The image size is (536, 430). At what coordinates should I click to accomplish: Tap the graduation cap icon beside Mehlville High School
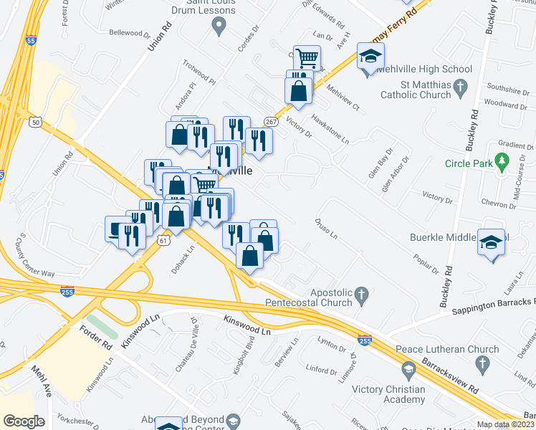pyautogui.click(x=370, y=57)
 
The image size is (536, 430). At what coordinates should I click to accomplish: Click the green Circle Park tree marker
pyautogui.click(x=502, y=163)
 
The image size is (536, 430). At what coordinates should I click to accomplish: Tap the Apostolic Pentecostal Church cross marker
pyautogui.click(x=363, y=293)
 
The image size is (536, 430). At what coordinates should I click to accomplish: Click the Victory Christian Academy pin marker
pyautogui.click(x=408, y=371)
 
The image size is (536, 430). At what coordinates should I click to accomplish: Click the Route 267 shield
pyautogui.click(x=271, y=122)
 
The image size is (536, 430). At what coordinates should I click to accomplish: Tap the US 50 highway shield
pyautogui.click(x=36, y=123)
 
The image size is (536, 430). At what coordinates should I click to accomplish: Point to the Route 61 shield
pyautogui.click(x=163, y=242)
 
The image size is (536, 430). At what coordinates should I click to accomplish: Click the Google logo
pyautogui.click(x=24, y=421)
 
